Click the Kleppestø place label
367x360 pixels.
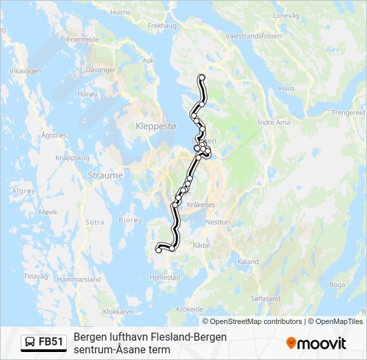click(155, 125)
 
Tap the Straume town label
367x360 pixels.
click(105, 175)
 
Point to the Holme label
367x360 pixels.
click(121, 12)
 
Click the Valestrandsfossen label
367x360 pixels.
click(254, 36)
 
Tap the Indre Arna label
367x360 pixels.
click(274, 122)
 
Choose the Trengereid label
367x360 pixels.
click(348, 113)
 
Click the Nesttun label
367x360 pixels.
click(218, 222)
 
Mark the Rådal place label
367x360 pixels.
click(201, 245)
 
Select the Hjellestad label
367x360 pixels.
click(165, 277)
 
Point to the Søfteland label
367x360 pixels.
click(266, 299)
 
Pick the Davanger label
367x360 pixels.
click(101, 69)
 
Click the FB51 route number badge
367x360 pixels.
click(43, 343)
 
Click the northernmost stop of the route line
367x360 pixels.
click(202, 78)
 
